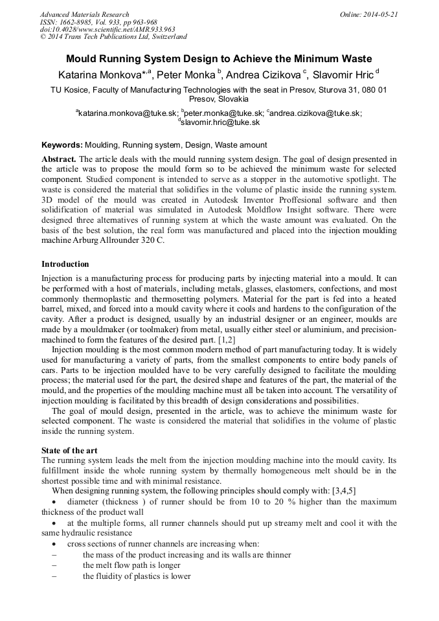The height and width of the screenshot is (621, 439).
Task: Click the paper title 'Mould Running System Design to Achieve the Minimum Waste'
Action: point(219,58)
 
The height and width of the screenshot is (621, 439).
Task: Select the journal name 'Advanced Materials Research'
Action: point(84,14)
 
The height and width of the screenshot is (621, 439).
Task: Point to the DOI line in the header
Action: point(107,29)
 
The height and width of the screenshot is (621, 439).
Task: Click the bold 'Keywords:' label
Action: point(62,145)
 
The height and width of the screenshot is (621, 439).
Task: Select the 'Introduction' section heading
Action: point(65,264)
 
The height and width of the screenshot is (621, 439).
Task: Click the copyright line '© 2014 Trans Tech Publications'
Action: point(113,37)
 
